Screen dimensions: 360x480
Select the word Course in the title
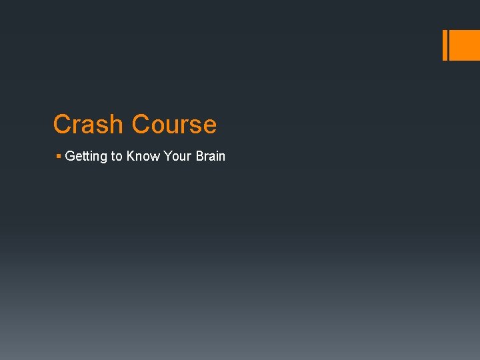click(174, 125)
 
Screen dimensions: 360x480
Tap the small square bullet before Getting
click(59, 156)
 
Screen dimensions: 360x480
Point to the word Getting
click(86, 156)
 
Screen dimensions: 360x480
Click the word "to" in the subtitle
click(117, 156)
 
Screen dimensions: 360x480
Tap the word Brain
click(211, 156)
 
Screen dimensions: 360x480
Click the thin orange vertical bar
click(445, 45)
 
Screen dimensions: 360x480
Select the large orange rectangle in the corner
click(465, 45)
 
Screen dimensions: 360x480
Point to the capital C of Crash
click(62, 125)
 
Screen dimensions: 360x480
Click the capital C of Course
click(141, 125)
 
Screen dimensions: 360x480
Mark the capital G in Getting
click(70, 156)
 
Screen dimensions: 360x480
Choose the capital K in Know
click(131, 156)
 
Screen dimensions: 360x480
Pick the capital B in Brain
click(200, 156)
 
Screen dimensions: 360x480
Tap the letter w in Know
click(155, 156)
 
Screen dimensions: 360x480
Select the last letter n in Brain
click(222, 156)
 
